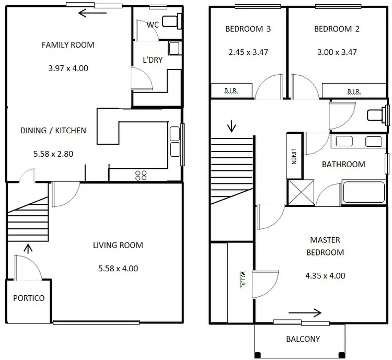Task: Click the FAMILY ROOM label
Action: [68, 45]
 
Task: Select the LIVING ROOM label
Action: [118, 245]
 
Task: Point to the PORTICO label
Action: [29, 298]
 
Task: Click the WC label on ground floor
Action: [153, 25]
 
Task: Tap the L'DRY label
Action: [152, 60]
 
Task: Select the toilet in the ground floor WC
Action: [170, 21]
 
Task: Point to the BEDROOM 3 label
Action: [248, 29]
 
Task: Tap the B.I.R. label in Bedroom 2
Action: [354, 91]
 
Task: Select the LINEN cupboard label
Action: [293, 156]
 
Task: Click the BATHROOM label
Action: [343, 164]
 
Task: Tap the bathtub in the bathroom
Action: [364, 193]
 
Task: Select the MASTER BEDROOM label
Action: [325, 246]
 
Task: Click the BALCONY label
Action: [303, 339]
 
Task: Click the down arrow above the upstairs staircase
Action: [231, 126]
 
